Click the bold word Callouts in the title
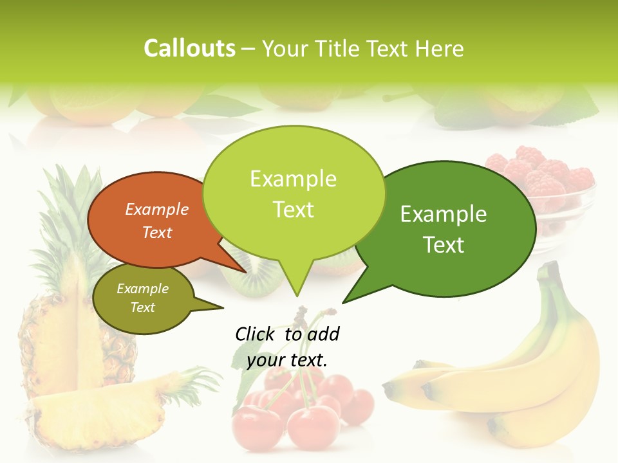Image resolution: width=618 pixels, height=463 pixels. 189,48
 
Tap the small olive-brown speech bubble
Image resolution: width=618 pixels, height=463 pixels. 138,299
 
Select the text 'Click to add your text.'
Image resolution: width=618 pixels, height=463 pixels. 287,347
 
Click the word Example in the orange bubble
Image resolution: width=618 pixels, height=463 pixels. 157,210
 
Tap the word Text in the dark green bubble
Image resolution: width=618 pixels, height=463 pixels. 443,245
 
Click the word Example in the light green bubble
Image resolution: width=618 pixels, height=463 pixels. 293,179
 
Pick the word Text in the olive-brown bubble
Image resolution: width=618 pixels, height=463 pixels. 143,307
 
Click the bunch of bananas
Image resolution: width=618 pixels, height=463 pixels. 515,379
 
